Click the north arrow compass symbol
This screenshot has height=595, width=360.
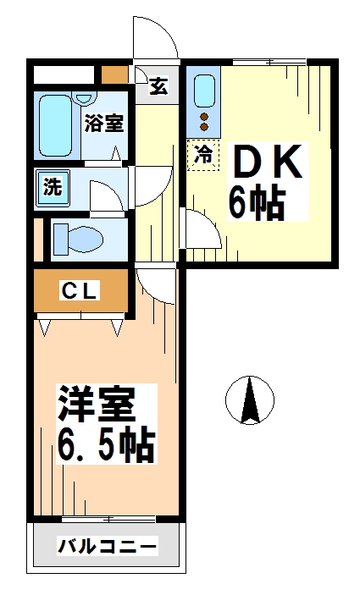(250, 400)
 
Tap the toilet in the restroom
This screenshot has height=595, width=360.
(78, 240)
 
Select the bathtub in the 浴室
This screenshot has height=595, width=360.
(55, 125)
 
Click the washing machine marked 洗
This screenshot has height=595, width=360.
(53, 189)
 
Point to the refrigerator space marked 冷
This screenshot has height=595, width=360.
(203, 155)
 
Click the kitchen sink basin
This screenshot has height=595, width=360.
(204, 91)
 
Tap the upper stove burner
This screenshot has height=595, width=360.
(204, 117)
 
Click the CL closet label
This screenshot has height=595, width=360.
(80, 291)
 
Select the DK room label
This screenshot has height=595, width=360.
(268, 162)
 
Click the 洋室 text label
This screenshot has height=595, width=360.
(96, 404)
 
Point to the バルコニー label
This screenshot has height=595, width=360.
(107, 547)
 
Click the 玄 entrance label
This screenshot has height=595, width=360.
(158, 85)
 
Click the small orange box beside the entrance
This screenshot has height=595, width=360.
(114, 74)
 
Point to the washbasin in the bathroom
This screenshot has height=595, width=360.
(85, 97)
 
